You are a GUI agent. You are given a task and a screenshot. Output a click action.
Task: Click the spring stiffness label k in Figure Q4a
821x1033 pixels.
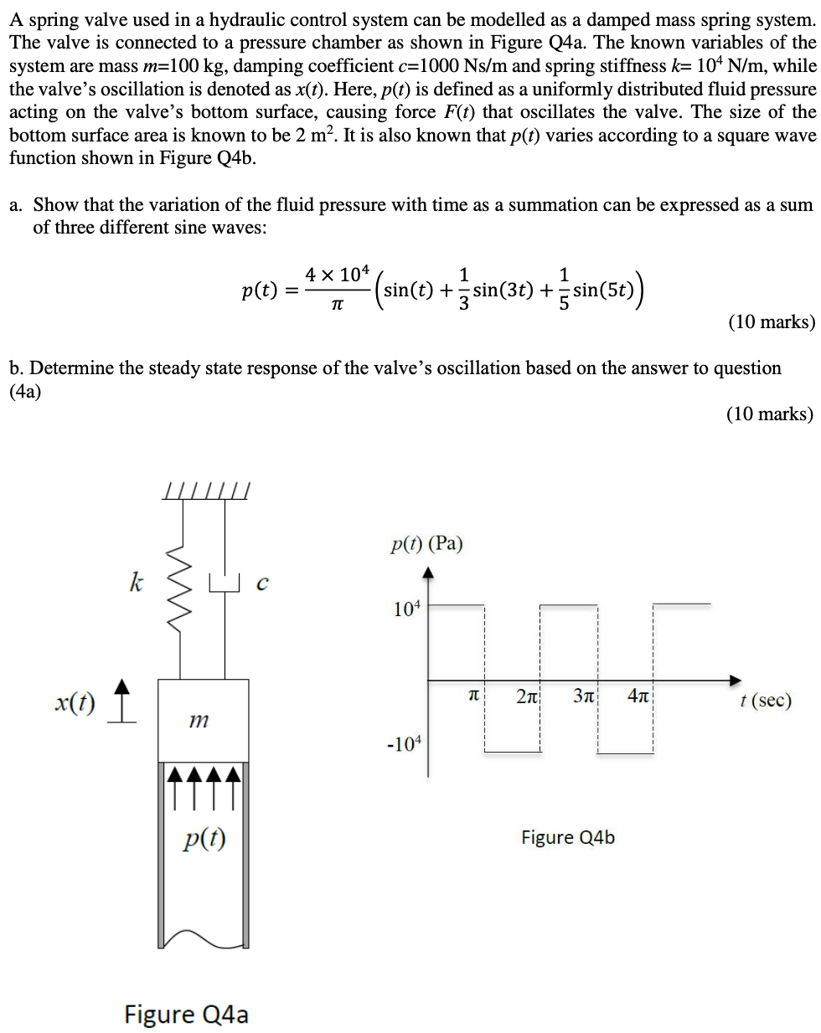point(136,581)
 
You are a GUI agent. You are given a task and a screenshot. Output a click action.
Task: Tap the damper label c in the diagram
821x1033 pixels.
point(262,583)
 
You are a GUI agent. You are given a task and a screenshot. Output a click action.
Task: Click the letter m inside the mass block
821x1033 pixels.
point(199,719)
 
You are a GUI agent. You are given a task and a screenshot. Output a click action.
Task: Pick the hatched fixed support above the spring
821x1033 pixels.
point(206,491)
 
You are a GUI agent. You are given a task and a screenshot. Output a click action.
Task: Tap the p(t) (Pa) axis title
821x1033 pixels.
point(426,544)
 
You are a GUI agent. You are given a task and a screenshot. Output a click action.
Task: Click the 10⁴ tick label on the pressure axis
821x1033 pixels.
point(407,608)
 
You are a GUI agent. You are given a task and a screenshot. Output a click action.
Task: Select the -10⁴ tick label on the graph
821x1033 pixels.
point(404,743)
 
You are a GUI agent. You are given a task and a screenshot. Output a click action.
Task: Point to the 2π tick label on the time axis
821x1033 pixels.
point(528,696)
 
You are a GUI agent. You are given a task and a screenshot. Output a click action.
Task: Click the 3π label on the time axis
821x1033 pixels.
point(584,696)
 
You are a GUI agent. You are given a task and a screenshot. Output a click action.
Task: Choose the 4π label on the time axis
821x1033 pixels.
point(638,696)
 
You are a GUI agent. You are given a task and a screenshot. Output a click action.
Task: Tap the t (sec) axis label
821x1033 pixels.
point(765,700)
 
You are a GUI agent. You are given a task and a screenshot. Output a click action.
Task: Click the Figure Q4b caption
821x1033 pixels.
point(567,837)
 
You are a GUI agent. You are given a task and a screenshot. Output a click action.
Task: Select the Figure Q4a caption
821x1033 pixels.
point(186,1014)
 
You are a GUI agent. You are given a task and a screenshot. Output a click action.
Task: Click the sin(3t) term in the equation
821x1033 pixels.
point(503,290)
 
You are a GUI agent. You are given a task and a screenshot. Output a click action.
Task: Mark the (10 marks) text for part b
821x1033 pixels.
point(769,414)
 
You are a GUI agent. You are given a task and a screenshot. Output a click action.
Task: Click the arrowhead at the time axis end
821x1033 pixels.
point(736,680)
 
